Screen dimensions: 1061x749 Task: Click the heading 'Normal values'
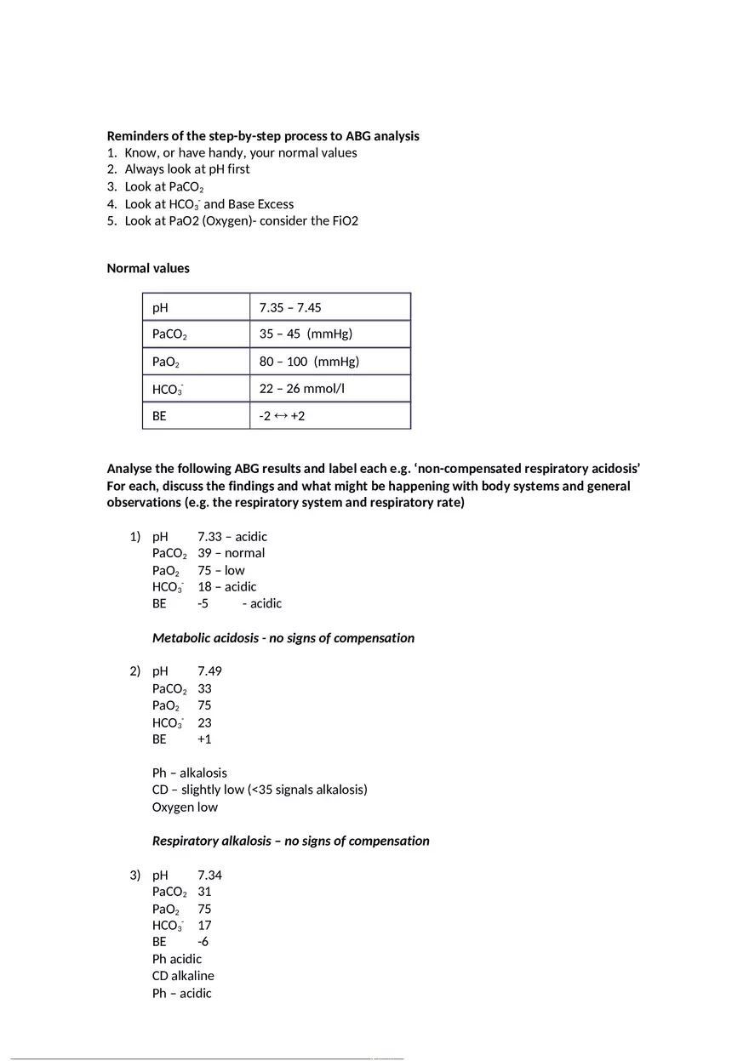pyautogui.click(x=148, y=268)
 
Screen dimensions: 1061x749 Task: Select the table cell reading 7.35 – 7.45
pyautogui.click(x=290, y=308)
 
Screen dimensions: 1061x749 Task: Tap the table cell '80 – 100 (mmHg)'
pyautogui.click(x=309, y=362)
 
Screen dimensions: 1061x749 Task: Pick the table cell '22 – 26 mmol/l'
pyautogui.click(x=302, y=389)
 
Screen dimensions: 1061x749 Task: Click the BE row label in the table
pyautogui.click(x=159, y=417)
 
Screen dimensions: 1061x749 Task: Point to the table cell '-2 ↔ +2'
pyautogui.click(x=282, y=417)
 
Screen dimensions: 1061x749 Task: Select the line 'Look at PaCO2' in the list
pyautogui.click(x=163, y=186)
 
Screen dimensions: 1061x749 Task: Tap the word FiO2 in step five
pyautogui.click(x=343, y=221)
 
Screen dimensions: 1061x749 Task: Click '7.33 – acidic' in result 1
pyautogui.click(x=232, y=537)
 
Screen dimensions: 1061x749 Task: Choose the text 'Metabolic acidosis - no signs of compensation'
pyautogui.click(x=283, y=638)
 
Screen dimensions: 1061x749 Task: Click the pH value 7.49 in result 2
pyautogui.click(x=209, y=671)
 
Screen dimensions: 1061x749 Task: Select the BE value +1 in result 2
pyautogui.click(x=204, y=739)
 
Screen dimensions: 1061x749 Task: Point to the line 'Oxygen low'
pyautogui.click(x=185, y=807)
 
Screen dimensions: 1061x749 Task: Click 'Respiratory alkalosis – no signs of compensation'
pyautogui.click(x=290, y=841)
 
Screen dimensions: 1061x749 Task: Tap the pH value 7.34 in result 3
pyautogui.click(x=209, y=876)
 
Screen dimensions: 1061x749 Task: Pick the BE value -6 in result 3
pyautogui.click(x=203, y=942)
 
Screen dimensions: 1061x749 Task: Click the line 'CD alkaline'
pyautogui.click(x=183, y=976)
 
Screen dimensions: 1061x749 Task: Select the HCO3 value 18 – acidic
pyautogui.click(x=226, y=587)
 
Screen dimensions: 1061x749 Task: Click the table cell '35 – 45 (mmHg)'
pyautogui.click(x=306, y=334)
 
